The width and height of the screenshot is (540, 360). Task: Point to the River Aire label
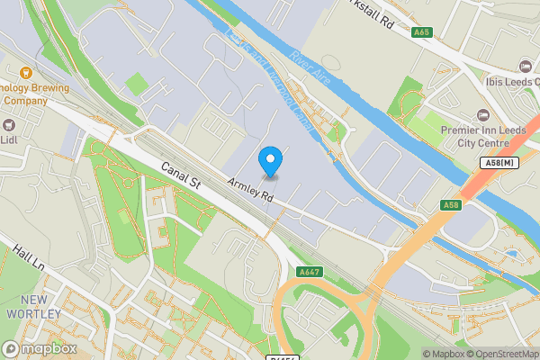[312, 70]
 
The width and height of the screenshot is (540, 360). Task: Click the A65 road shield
[421, 32]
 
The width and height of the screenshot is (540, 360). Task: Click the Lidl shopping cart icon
[10, 124]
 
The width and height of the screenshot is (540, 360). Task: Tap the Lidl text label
[10, 139]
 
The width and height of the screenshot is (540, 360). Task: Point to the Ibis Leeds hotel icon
[526, 66]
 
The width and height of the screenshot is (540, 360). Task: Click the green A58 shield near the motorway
[452, 206]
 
